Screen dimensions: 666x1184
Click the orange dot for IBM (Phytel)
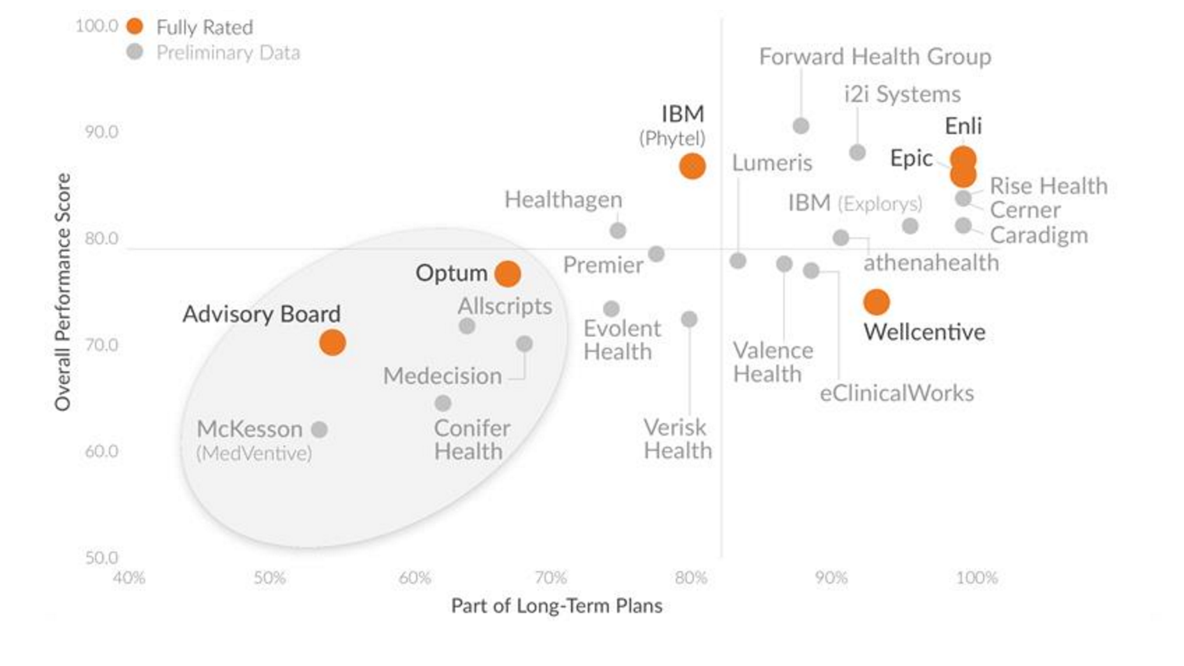tap(692, 166)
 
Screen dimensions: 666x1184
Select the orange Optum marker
tap(508, 274)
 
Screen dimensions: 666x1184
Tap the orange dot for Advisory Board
tap(332, 343)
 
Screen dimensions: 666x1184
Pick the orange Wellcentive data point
tap(876, 302)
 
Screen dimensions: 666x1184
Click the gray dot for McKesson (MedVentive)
tap(320, 429)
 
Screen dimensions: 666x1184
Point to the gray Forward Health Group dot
tap(801, 126)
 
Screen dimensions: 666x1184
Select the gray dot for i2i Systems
tap(857, 152)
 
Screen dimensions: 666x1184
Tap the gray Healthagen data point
tap(618, 230)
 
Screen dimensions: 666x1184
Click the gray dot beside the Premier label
tap(656, 253)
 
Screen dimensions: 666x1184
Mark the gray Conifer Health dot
tap(443, 404)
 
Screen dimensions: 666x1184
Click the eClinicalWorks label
tap(896, 393)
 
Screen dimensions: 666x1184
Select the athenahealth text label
tap(931, 262)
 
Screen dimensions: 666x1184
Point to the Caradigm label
tap(1039, 235)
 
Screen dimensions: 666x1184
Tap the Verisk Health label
tap(677, 438)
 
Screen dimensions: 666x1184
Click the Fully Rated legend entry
tap(204, 27)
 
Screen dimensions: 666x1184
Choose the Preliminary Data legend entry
tap(228, 53)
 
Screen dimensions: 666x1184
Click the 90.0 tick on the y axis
tap(101, 132)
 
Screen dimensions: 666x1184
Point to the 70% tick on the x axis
tap(551, 578)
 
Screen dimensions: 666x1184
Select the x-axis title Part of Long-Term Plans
tap(556, 605)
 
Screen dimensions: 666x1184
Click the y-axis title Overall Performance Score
tap(63, 292)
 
